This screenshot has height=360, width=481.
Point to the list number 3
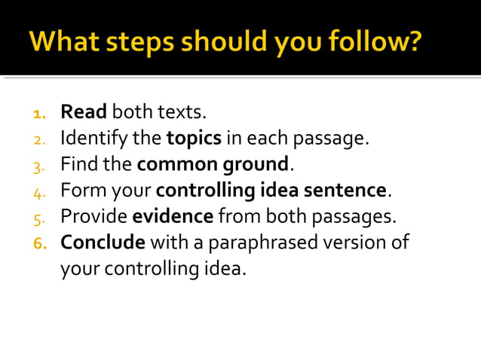[x=39, y=165]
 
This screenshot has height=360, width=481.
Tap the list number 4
[x=39, y=191]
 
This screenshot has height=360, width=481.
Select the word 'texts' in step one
[x=180, y=113]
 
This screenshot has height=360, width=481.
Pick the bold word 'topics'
[x=194, y=139]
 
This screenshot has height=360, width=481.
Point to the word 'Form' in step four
[x=79, y=190]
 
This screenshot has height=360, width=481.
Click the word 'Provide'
[x=93, y=216]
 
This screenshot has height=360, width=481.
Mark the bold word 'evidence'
[x=173, y=216]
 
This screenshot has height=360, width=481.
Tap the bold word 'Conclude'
[x=103, y=243]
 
